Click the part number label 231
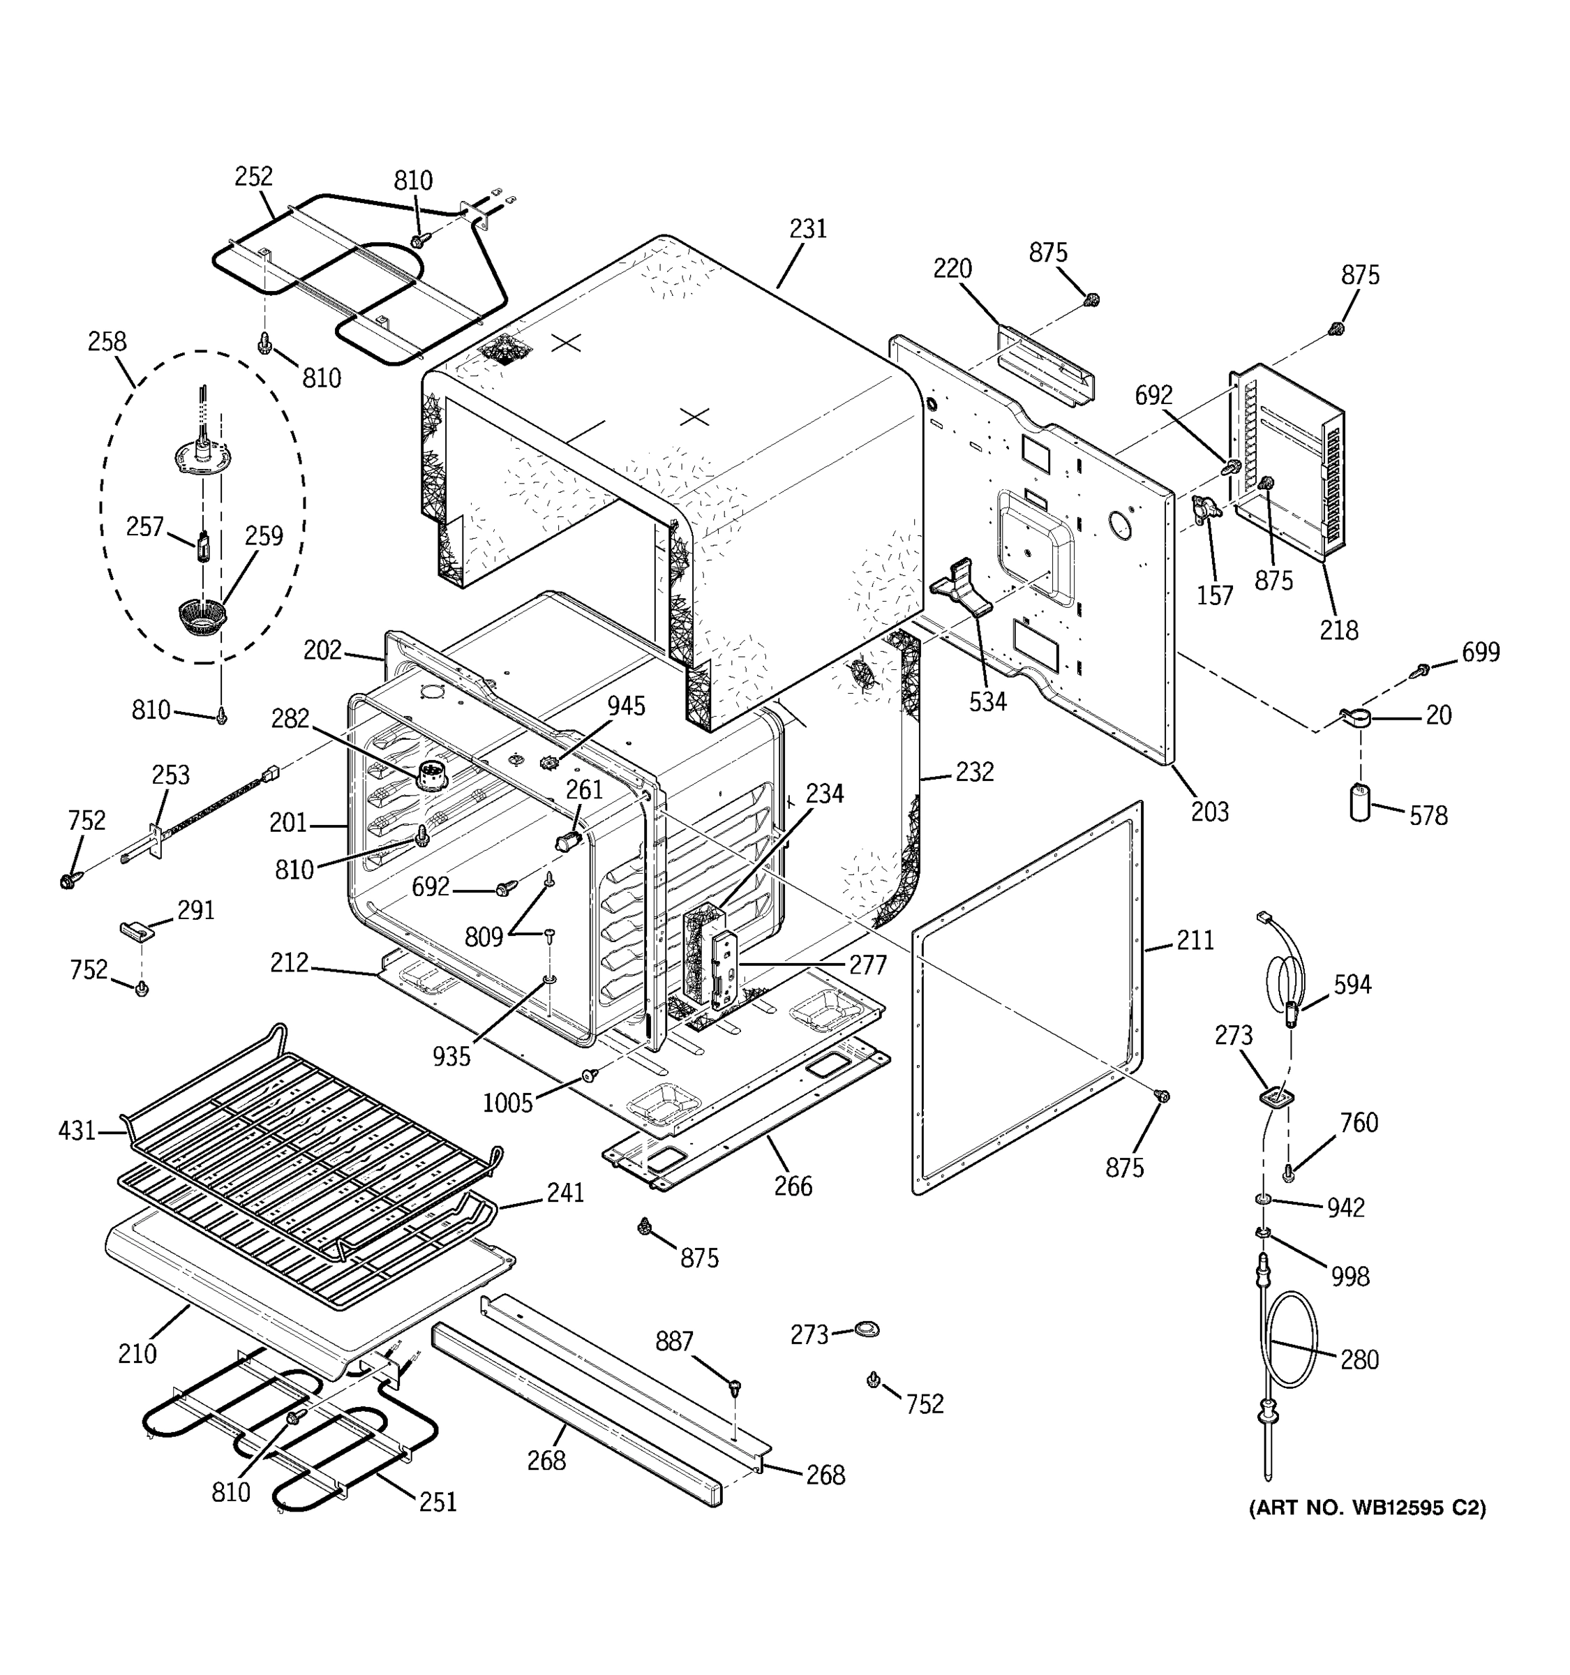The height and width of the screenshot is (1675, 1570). (x=808, y=229)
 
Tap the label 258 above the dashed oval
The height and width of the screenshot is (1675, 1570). (x=107, y=341)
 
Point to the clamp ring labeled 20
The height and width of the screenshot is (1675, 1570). (x=1356, y=719)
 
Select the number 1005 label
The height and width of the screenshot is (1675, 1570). (x=508, y=1102)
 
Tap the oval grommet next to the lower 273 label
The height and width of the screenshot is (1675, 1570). (x=865, y=1329)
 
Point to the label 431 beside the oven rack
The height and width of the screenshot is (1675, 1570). (x=77, y=1131)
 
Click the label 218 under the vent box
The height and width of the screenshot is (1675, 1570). (x=1338, y=630)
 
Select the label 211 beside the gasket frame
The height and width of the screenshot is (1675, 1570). (x=1195, y=940)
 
